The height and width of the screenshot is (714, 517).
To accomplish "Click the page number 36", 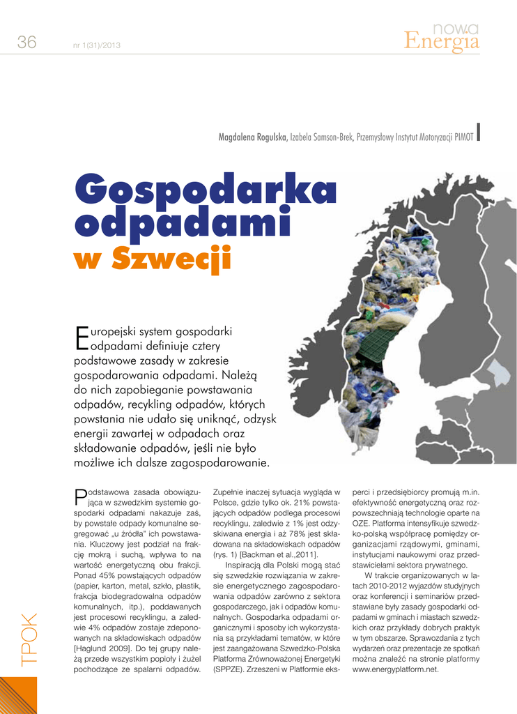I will pyautogui.click(x=26, y=43).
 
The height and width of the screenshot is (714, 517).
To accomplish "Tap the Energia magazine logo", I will pyautogui.click(x=442, y=39).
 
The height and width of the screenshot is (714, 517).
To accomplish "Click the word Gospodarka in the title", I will pyautogui.click(x=206, y=190).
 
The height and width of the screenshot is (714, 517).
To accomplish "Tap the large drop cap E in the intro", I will pyautogui.click(x=81, y=337).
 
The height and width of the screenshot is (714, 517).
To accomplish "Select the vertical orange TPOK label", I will pyautogui.click(x=29, y=639).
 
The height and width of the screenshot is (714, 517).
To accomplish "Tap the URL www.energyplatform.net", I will pyautogui.click(x=396, y=669).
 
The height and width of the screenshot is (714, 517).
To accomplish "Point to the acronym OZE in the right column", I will pyautogui.click(x=360, y=522).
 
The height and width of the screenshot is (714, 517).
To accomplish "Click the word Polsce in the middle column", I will pyautogui.click(x=226, y=503).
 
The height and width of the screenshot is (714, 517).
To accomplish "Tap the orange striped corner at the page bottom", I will pyautogui.click(x=17, y=694).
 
